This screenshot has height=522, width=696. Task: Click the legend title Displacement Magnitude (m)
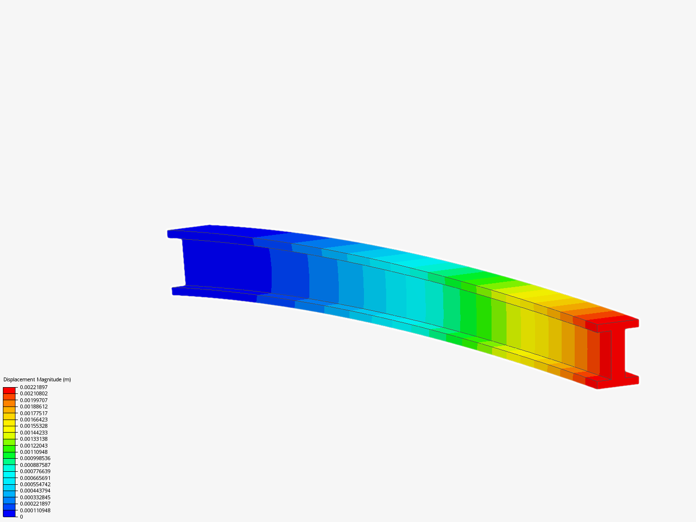tap(37, 379)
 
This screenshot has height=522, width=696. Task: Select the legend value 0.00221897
tap(33, 387)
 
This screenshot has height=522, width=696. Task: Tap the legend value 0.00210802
tap(33, 393)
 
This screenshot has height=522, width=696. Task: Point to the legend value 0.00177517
tap(33, 413)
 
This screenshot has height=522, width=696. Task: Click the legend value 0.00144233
tap(33, 433)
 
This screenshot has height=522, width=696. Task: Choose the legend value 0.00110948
tap(33, 452)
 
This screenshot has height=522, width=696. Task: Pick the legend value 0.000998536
tap(35, 458)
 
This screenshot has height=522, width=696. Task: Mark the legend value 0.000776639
tap(35, 471)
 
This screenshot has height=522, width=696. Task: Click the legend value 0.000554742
tap(35, 484)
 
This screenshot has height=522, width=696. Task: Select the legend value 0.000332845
tap(35, 497)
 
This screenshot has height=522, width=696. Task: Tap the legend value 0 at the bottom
tap(21, 517)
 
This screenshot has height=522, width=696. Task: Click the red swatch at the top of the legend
tap(9, 390)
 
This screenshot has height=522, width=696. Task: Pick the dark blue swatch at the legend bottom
tap(9, 513)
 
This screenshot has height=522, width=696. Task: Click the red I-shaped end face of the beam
tap(618, 353)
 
